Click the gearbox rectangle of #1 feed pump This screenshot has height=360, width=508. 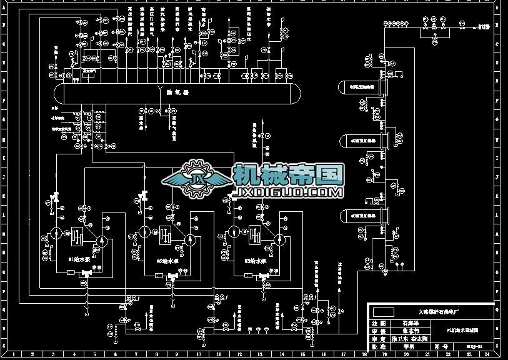click(77, 236)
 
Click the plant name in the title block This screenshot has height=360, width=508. click(438, 311)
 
